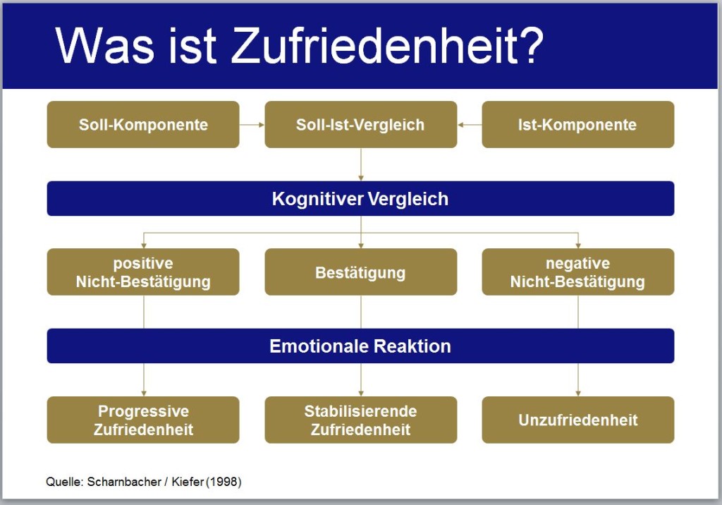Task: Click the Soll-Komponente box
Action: coord(143,124)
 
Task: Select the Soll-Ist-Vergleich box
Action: coord(360,124)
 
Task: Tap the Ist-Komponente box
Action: coord(578,124)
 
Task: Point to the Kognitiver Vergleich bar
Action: coord(360,199)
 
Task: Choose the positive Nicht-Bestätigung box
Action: coord(143,272)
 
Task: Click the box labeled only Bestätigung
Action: coord(360,272)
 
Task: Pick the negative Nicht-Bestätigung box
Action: coord(578,272)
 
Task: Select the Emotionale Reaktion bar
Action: coord(360,346)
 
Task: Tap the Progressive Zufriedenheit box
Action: coord(143,420)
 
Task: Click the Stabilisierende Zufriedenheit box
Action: coord(360,420)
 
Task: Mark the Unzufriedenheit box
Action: coord(578,420)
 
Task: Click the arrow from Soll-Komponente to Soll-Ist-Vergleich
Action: coord(252,124)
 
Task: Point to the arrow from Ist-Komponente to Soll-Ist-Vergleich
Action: coord(470,124)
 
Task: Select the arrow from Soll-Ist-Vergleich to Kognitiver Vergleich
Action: coord(360,164)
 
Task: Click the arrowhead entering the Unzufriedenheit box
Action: coord(578,394)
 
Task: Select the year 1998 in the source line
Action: coord(224,482)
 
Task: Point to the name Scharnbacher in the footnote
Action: coord(124,482)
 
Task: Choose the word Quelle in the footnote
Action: coord(64,482)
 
